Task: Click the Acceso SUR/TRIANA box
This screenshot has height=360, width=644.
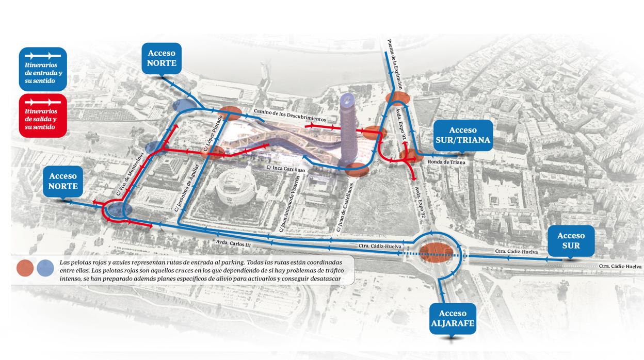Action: [x=463, y=136]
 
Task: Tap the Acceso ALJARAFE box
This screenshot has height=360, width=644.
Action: [x=453, y=318]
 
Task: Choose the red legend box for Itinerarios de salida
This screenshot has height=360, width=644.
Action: [x=42, y=116]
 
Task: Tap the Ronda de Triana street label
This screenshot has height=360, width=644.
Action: [x=446, y=162]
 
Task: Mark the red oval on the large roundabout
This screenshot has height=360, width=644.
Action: [x=436, y=251]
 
